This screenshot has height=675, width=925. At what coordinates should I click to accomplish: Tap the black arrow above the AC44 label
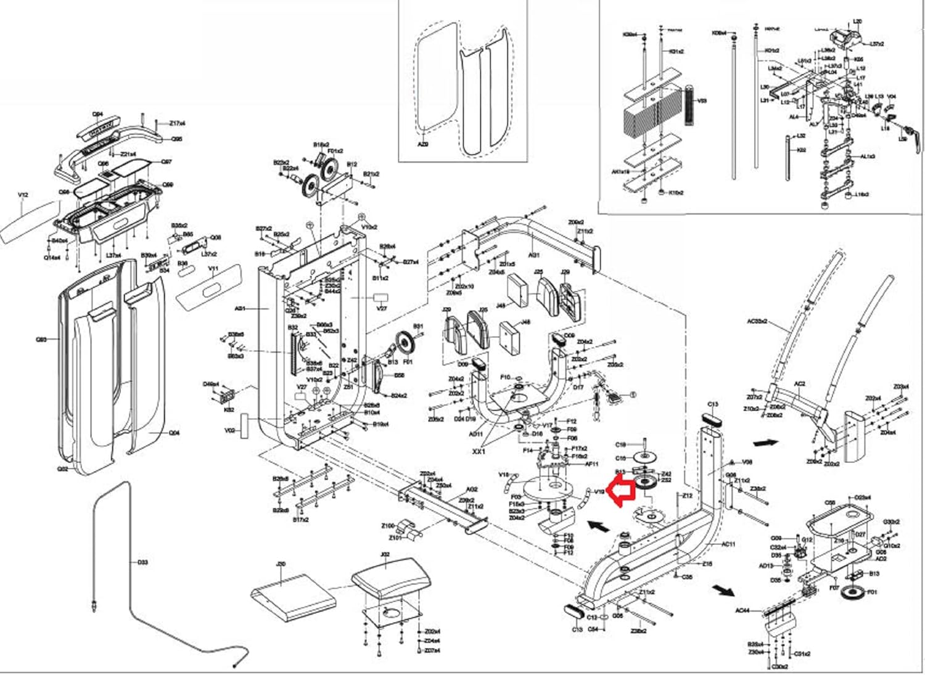click(723, 590)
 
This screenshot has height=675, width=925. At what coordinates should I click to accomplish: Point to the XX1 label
click(479, 451)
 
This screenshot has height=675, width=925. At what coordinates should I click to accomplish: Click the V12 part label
click(23, 195)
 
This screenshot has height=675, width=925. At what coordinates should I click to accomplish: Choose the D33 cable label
click(142, 562)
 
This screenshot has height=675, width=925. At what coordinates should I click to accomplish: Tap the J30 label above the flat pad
click(281, 563)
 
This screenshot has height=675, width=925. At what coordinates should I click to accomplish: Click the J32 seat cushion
click(387, 579)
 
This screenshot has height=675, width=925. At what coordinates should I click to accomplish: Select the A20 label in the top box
click(423, 144)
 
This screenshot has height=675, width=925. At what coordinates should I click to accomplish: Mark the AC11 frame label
click(728, 544)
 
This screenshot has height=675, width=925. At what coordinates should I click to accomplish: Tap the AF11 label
click(591, 464)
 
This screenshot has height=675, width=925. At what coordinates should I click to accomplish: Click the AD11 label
click(475, 434)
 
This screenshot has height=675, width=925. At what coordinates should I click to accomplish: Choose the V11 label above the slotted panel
click(214, 269)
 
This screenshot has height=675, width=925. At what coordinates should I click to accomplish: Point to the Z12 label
click(688, 496)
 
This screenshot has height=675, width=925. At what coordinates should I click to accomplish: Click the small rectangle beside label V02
click(244, 425)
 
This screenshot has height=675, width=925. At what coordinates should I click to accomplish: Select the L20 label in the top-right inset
click(857, 22)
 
